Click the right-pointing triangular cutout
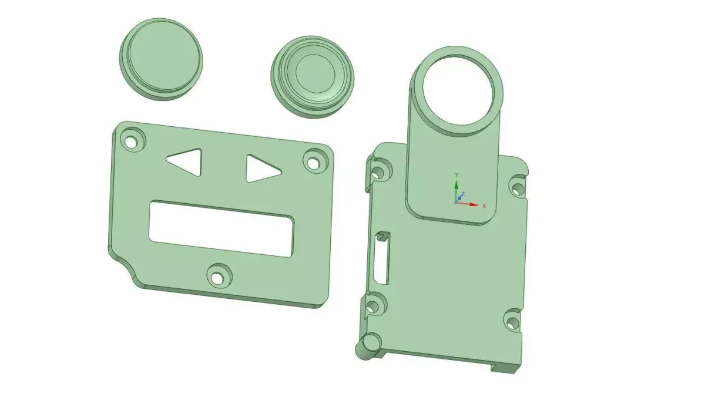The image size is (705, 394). point(260,169)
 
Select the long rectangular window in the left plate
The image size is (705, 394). point(221,229)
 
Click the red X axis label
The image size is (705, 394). point(484,206)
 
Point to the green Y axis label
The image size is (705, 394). point(456,175)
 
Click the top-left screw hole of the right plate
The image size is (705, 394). point(378,171)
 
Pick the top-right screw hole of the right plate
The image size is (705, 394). point(518,188)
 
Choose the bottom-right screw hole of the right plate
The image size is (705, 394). point(512,322)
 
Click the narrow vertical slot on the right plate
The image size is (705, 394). point(380,258)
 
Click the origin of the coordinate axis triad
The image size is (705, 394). point(456,202)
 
